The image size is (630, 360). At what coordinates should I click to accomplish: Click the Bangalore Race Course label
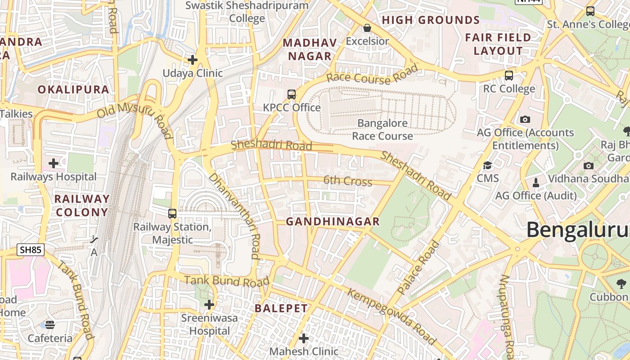[x=382, y=130]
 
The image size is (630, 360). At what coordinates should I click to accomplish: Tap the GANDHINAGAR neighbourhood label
[x=333, y=221]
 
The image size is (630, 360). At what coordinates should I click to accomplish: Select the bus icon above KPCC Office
[x=292, y=94]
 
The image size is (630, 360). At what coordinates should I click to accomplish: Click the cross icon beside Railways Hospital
[x=54, y=163]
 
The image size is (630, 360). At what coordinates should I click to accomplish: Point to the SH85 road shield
[x=31, y=250]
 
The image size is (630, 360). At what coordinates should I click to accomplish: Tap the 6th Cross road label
[x=347, y=181]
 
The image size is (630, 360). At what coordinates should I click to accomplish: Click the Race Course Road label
[x=372, y=76]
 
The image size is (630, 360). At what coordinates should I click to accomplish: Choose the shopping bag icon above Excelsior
[x=367, y=28]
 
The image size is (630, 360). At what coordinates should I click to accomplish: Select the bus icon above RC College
[x=509, y=76]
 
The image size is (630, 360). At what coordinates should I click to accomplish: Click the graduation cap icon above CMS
[x=487, y=165]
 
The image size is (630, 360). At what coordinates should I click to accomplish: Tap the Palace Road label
[x=418, y=267]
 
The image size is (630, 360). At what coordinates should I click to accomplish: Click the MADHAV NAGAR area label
[x=310, y=49]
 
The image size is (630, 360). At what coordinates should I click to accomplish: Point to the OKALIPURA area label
[x=73, y=90]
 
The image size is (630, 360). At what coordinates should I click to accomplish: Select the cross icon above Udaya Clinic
[x=193, y=59]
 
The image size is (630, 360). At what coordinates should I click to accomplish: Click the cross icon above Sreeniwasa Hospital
[x=209, y=305]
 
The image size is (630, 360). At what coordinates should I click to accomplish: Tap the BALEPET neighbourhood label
[x=281, y=308]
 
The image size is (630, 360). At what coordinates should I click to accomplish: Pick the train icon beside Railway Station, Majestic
[x=172, y=214]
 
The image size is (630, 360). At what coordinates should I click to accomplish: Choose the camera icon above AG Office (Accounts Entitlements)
[x=525, y=119]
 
